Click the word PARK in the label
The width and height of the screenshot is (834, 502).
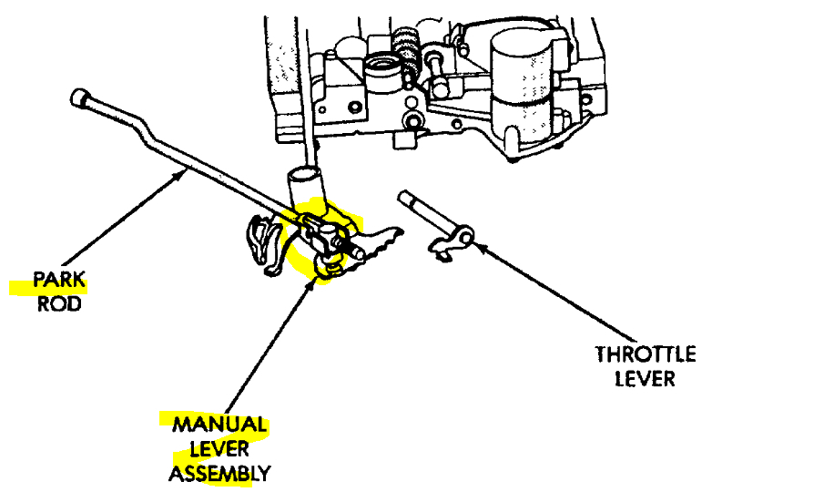(x=59, y=281)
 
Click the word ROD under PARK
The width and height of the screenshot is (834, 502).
(x=59, y=304)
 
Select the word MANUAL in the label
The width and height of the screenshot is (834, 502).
(x=219, y=425)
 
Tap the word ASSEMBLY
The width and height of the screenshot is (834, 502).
(x=219, y=474)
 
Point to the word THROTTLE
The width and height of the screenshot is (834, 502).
(x=646, y=353)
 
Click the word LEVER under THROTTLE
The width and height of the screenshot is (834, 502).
(x=646, y=377)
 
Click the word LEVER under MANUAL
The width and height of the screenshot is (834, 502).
(x=219, y=449)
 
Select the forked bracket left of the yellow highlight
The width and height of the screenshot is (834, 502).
(x=261, y=241)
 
